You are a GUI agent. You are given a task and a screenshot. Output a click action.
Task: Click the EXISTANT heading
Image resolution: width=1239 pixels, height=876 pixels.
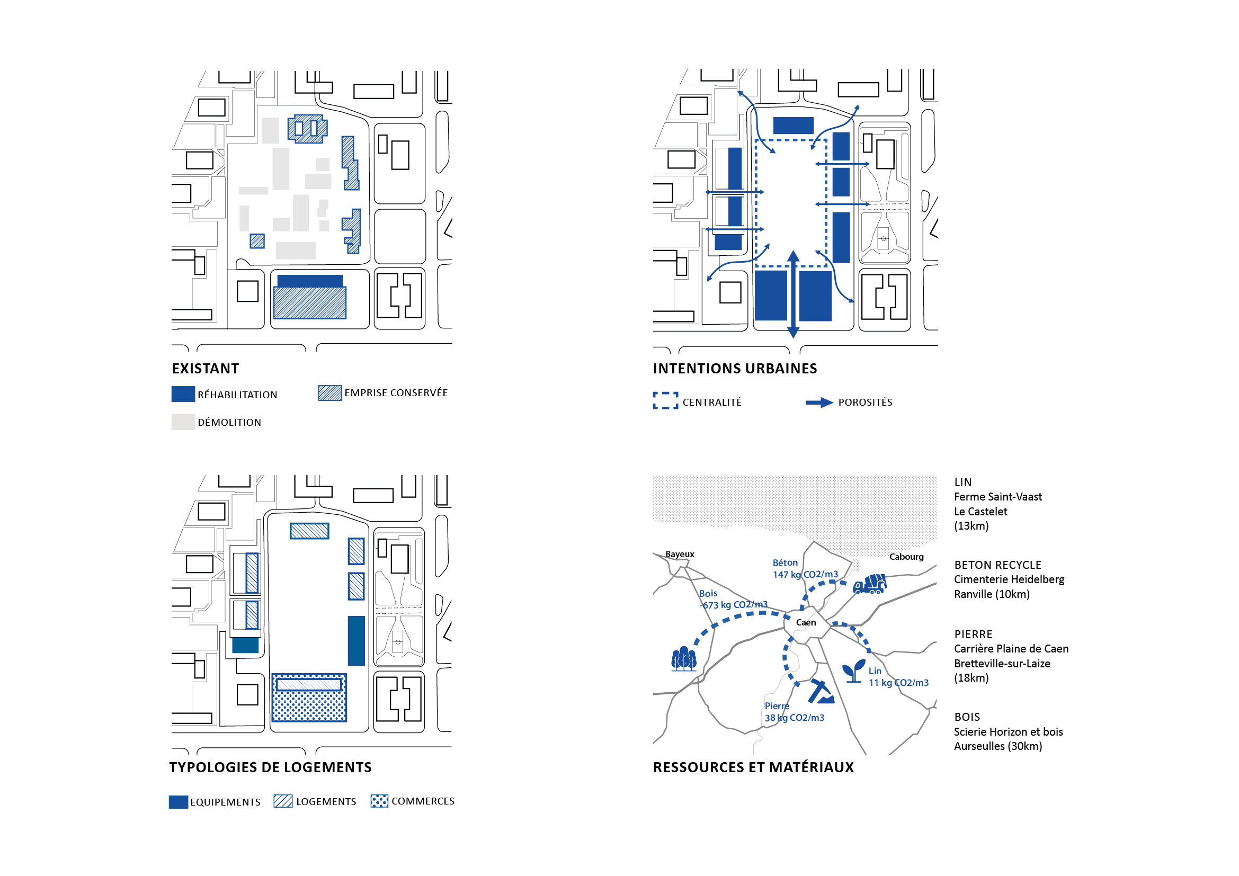pyautogui.click(x=205, y=369)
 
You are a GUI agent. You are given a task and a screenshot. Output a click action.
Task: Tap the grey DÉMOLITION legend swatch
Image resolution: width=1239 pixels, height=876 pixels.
pyautogui.click(x=183, y=422)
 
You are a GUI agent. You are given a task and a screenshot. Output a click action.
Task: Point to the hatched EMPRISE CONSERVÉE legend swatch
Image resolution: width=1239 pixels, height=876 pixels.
pyautogui.click(x=329, y=392)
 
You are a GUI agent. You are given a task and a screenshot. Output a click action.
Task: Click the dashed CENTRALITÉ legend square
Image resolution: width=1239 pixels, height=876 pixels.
pyautogui.click(x=665, y=401)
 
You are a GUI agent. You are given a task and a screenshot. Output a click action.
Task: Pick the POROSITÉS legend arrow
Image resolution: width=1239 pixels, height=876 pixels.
pyautogui.click(x=819, y=403)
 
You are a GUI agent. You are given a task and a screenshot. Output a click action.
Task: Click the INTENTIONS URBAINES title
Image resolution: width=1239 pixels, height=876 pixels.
pyautogui.click(x=734, y=369)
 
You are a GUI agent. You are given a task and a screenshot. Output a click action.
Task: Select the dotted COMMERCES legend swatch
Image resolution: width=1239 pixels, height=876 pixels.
pyautogui.click(x=379, y=801)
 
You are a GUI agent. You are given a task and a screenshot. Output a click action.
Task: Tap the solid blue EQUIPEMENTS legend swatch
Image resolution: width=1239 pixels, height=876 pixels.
pyautogui.click(x=178, y=801)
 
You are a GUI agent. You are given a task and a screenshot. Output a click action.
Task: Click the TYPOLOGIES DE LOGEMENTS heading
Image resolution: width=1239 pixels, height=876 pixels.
pyautogui.click(x=270, y=767)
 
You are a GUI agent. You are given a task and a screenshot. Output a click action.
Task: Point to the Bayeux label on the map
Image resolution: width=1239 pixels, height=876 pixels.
pyautogui.click(x=680, y=554)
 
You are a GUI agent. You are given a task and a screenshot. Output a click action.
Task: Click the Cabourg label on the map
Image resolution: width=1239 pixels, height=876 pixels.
pyautogui.click(x=906, y=557)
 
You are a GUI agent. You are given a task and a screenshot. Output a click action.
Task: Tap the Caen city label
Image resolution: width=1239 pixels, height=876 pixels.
pyautogui.click(x=806, y=622)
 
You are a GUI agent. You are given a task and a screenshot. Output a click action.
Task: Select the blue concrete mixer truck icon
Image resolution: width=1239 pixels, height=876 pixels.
pyautogui.click(x=869, y=584)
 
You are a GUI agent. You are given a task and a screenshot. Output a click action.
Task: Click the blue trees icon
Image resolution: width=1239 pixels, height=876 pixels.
pyautogui.click(x=684, y=659)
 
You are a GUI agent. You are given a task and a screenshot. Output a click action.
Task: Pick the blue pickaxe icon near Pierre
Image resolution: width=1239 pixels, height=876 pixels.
pyautogui.click(x=821, y=692)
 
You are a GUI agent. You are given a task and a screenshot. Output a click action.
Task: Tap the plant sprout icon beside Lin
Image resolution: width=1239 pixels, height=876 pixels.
pyautogui.click(x=854, y=672)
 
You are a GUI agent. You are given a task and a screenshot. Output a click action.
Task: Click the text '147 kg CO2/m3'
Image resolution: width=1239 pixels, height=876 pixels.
pyautogui.click(x=805, y=575)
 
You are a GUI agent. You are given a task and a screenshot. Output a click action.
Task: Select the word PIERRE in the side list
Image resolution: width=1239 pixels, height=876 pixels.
pyautogui.click(x=973, y=634)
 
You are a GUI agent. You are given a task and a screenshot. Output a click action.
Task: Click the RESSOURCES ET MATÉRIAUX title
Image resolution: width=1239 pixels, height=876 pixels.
pyautogui.click(x=753, y=767)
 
